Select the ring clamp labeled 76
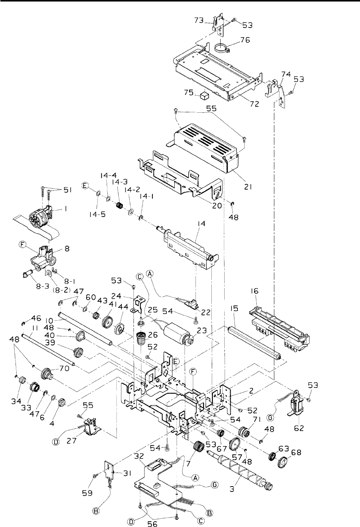tap(223, 48)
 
